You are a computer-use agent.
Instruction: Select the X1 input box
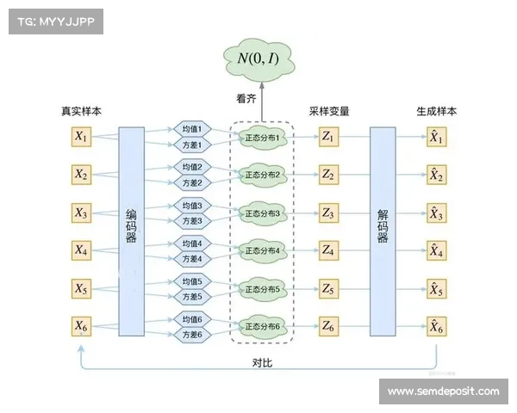click(x=81, y=137)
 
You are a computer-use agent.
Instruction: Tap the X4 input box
click(x=81, y=250)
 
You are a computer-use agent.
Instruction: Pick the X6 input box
click(x=81, y=326)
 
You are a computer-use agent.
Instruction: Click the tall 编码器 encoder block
click(x=131, y=231)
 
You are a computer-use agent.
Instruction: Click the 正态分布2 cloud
click(x=263, y=175)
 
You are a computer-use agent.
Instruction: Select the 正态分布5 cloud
click(x=263, y=288)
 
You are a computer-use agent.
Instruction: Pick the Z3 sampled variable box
click(x=328, y=213)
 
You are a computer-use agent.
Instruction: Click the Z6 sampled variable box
click(x=328, y=326)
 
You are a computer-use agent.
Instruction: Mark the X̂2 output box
click(x=436, y=175)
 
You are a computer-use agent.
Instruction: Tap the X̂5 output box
click(x=436, y=288)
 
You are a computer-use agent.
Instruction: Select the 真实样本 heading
click(x=81, y=112)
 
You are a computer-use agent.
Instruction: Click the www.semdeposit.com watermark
click(x=443, y=391)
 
